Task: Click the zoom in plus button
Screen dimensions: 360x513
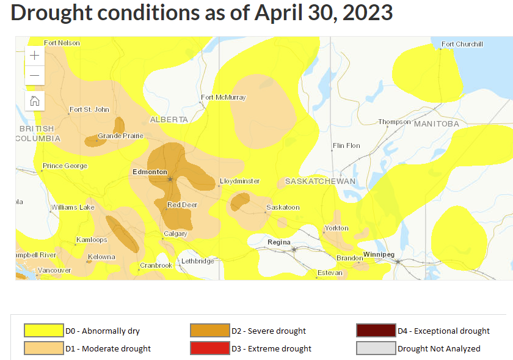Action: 35,55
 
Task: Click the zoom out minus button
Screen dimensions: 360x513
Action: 35,75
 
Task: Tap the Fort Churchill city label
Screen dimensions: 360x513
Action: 462,44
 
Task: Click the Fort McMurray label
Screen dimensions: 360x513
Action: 224,97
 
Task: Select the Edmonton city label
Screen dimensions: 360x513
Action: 150,172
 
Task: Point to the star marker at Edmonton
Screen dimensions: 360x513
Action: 170,179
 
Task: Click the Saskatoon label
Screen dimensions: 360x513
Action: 283,207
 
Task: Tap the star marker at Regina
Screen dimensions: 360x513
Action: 294,249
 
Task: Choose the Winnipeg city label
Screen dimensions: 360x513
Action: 379,254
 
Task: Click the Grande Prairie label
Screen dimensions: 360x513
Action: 121,136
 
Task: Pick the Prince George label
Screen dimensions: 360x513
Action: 65,166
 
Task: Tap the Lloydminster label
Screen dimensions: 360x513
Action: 239,181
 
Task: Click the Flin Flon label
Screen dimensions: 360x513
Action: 346,146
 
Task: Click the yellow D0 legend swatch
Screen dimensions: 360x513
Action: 44,331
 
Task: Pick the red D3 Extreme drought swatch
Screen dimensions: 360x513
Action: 209,348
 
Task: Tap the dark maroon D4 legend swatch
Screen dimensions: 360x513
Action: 376,331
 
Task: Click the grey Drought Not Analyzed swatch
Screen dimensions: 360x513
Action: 376,348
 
